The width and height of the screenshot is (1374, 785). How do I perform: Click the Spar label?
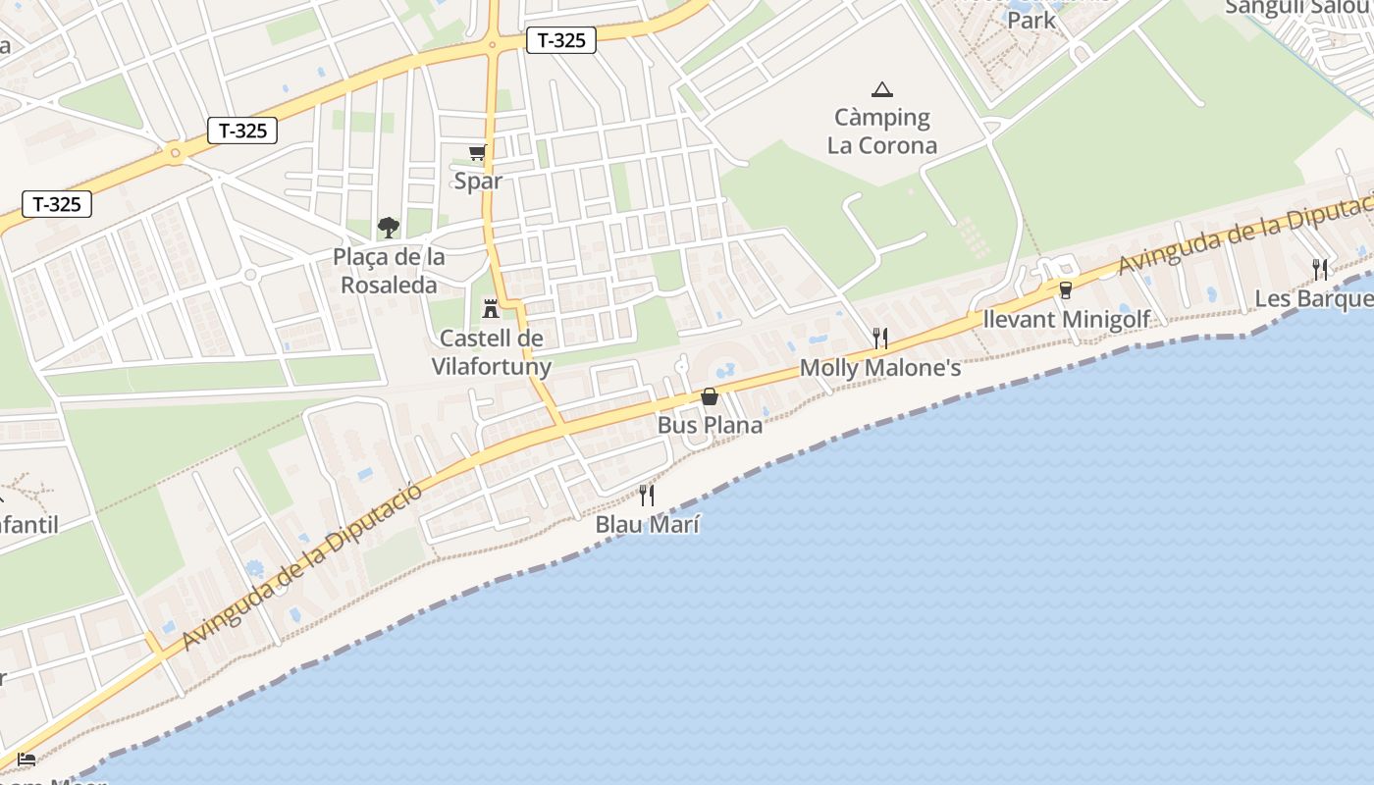tap(478, 181)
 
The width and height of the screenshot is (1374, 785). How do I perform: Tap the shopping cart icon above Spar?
tap(478, 152)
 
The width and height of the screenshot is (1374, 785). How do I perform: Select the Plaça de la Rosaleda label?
tap(389, 271)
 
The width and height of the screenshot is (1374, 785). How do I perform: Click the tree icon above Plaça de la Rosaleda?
tap(389, 228)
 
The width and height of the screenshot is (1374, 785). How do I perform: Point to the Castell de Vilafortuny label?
tap(491, 352)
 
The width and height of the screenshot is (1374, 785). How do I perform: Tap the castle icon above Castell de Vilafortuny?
tap(491, 309)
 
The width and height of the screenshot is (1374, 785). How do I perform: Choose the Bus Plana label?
tap(710, 425)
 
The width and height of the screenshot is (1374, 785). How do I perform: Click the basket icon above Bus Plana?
tap(710, 396)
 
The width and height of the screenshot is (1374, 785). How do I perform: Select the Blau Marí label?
tap(648, 524)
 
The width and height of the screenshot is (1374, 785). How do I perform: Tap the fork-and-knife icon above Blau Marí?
tap(647, 496)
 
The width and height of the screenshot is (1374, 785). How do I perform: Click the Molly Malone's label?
tap(880, 368)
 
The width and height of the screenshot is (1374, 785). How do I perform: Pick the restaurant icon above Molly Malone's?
tap(880, 339)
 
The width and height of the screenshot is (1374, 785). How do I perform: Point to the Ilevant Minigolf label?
tap(1066, 319)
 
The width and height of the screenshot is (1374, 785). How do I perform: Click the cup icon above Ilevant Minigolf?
tap(1066, 290)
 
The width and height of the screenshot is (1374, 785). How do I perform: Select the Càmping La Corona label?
tap(882, 131)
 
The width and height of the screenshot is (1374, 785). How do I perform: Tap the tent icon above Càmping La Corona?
tap(882, 90)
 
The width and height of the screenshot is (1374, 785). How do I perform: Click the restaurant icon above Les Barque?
tap(1320, 269)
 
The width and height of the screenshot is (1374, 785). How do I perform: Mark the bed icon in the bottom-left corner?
tap(26, 759)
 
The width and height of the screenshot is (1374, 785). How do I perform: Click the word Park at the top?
tap(1031, 20)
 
